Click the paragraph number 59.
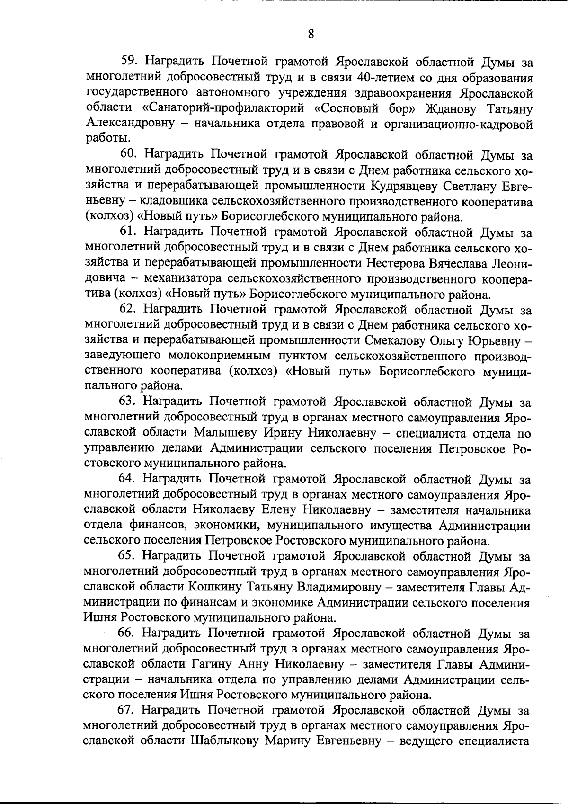(x=130, y=61)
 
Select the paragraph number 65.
(x=127, y=556)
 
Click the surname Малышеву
(x=219, y=433)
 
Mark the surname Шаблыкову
(x=225, y=741)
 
